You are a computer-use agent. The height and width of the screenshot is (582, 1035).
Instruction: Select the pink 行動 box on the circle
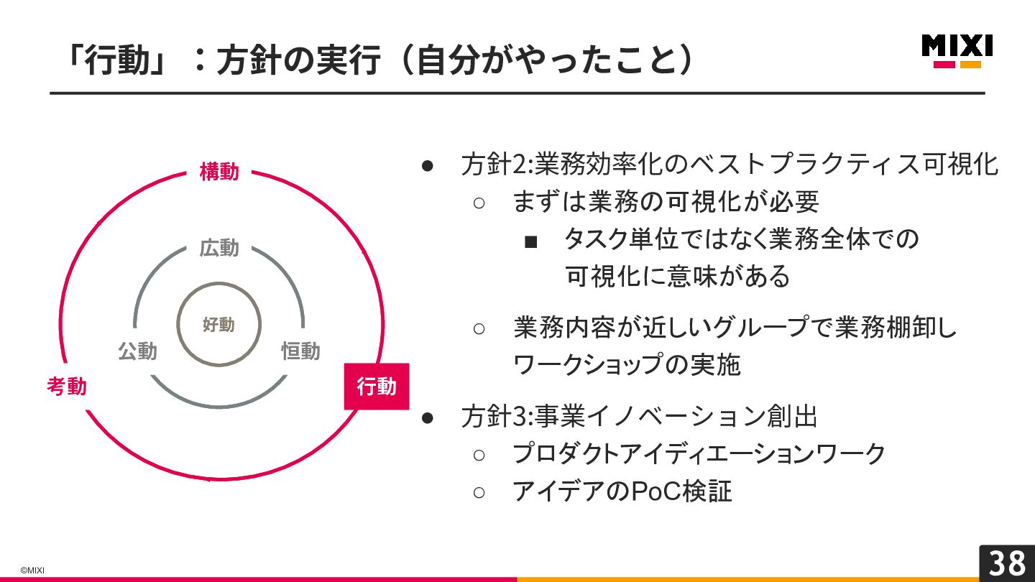point(376,387)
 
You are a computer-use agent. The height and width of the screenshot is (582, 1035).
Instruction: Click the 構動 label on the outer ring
point(219,172)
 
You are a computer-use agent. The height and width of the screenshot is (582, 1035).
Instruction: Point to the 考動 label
point(67,387)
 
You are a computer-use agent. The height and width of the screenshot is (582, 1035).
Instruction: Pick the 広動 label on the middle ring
point(219,249)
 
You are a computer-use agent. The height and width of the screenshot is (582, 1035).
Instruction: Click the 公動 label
point(137,351)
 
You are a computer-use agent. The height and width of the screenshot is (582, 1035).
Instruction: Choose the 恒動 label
point(300,351)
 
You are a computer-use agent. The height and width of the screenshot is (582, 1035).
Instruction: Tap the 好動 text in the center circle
point(218,325)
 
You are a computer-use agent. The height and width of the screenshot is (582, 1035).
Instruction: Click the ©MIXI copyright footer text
point(32,571)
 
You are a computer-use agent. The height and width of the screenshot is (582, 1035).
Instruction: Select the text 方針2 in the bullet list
point(494,165)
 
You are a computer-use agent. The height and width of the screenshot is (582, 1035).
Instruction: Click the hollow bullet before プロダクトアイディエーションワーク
point(479,455)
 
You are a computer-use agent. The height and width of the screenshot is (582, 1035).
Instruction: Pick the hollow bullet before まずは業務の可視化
point(479,203)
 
